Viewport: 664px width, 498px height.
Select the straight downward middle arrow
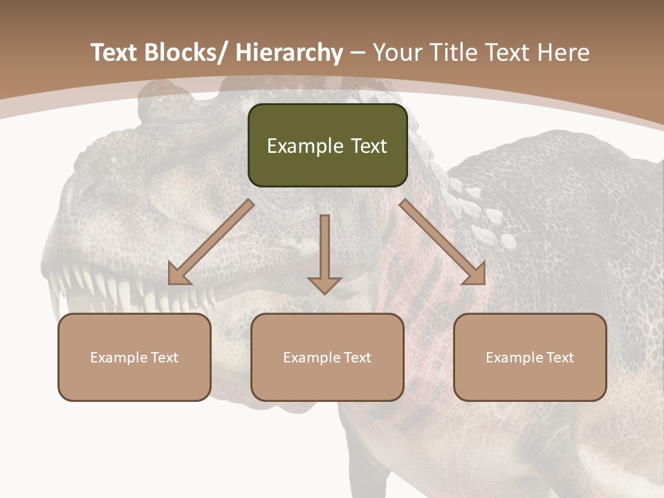[x=324, y=252]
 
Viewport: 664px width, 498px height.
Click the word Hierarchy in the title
[x=289, y=53]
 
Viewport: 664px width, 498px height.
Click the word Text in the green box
[x=368, y=147]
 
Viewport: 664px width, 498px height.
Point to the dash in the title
[x=358, y=53]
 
